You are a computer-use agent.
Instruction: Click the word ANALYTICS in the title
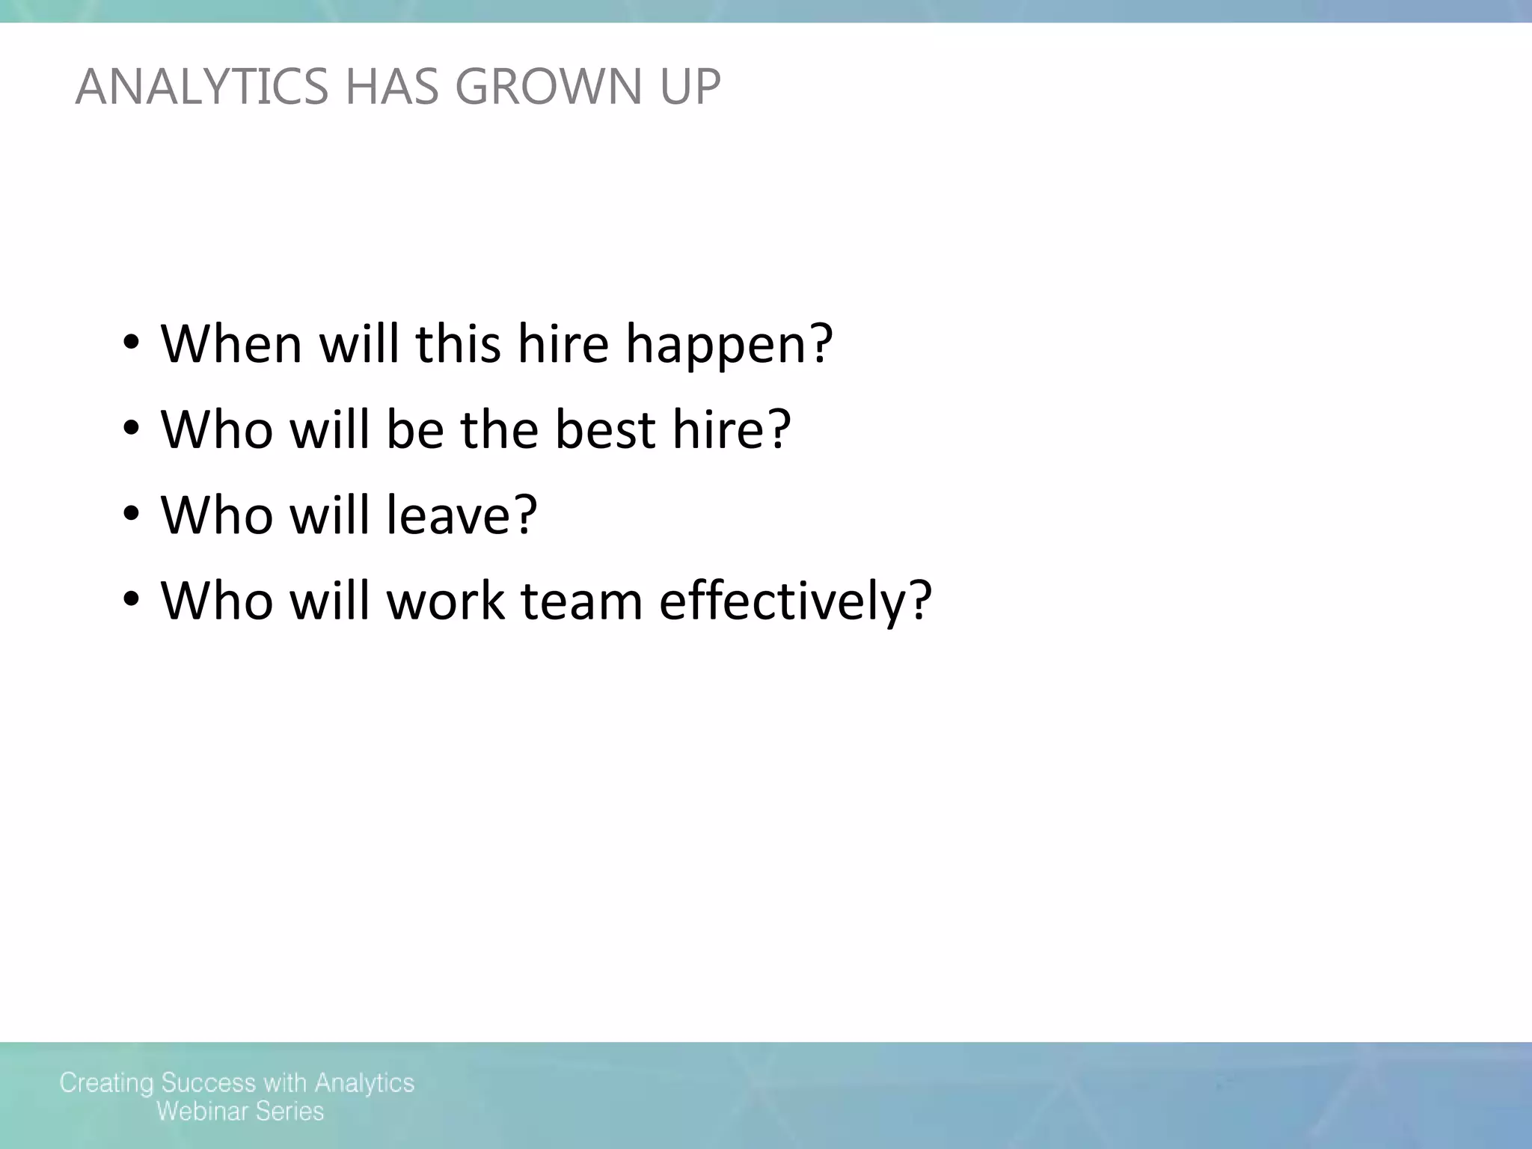(x=201, y=87)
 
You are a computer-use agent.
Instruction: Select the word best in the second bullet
(x=605, y=429)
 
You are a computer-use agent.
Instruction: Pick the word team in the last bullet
(x=581, y=601)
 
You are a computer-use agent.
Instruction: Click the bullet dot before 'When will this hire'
(x=131, y=343)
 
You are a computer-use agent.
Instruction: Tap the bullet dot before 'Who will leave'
(x=131, y=515)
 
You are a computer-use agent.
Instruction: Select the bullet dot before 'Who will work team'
(x=131, y=600)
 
